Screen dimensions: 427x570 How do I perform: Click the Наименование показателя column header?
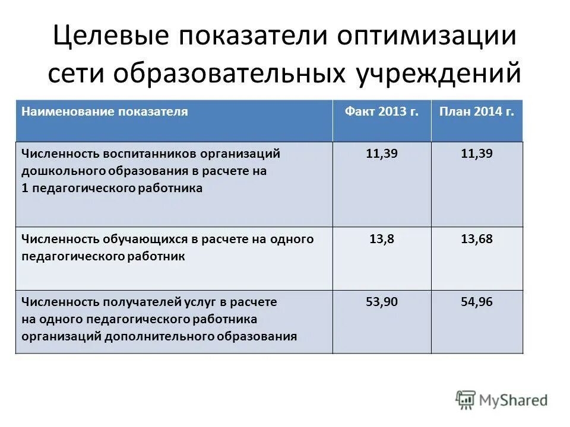(x=104, y=111)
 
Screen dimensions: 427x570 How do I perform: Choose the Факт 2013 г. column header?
(x=382, y=111)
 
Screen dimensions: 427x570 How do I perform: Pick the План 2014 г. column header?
(x=477, y=111)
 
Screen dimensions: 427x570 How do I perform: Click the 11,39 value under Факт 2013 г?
(x=382, y=154)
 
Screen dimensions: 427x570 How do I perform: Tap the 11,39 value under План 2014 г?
(x=477, y=154)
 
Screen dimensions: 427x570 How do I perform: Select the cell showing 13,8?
(x=382, y=239)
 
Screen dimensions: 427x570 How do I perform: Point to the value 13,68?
(x=477, y=239)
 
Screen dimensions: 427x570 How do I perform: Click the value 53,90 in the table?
(x=382, y=302)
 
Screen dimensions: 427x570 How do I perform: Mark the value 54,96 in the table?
(x=477, y=302)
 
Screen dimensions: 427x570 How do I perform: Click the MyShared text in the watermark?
(x=514, y=400)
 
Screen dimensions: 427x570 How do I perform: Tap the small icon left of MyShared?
(x=466, y=400)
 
